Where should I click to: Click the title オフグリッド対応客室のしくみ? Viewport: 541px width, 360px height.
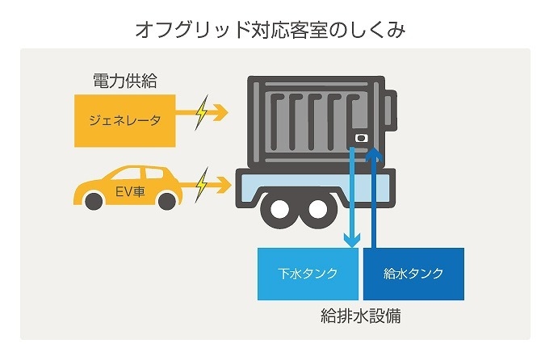270,31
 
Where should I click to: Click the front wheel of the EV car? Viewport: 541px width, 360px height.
166,199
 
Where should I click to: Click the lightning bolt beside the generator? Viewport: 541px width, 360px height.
200,113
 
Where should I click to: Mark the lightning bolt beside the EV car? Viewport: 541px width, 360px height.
200,185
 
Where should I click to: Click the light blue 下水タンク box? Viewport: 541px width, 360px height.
308,273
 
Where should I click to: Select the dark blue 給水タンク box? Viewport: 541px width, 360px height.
413,273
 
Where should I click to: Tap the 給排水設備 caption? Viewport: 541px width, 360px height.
360,316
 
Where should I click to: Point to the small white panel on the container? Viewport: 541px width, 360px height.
361,139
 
